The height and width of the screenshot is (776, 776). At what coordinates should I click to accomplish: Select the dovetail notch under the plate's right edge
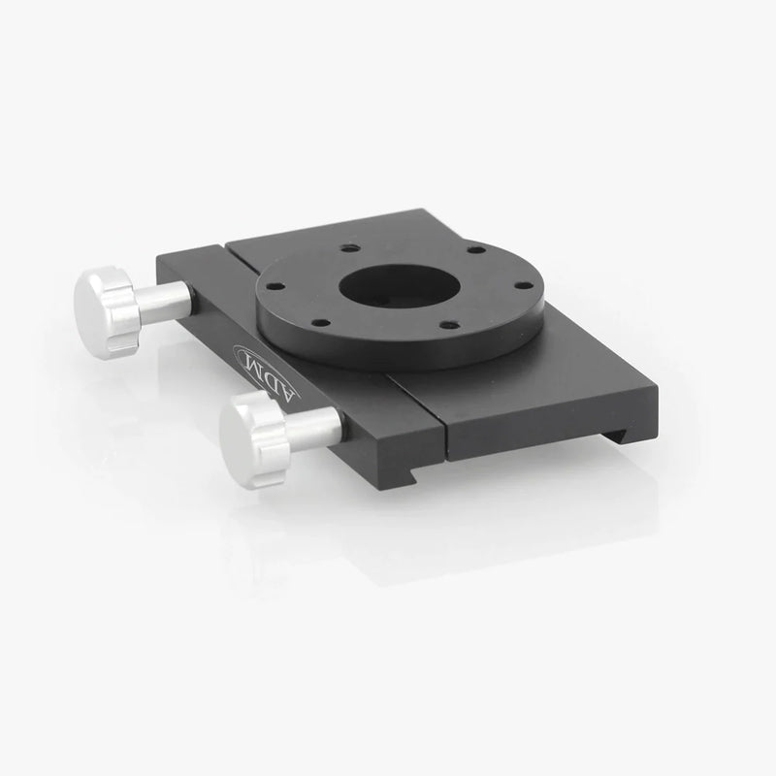(x=630, y=416)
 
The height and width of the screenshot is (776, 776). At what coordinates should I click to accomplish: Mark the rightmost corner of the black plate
(x=657, y=395)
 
